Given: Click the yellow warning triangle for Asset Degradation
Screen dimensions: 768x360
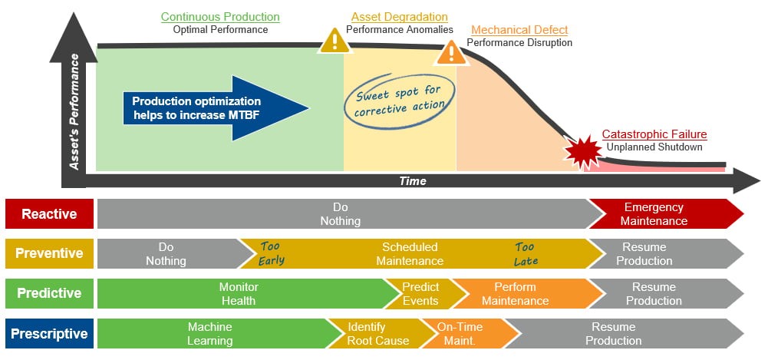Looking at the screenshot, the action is point(335,41).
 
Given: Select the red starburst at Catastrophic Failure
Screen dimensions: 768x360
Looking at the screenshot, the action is point(583,152).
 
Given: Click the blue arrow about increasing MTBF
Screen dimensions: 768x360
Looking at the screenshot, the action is point(216,108).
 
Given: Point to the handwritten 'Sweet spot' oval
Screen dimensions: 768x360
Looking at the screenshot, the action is point(399,98).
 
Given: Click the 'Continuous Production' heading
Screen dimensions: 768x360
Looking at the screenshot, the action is point(220,17).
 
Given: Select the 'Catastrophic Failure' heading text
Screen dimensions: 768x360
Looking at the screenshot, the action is point(654,134).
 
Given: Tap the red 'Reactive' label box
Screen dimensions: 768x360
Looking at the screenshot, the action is point(49,214).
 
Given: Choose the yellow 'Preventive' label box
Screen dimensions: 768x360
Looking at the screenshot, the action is point(49,254).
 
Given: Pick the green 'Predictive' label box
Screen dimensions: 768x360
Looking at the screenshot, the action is point(49,293).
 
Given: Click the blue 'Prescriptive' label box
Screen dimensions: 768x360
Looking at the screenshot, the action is point(49,334).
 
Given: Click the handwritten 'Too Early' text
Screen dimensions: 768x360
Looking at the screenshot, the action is point(272,253).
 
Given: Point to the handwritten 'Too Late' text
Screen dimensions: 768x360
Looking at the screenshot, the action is point(526,254).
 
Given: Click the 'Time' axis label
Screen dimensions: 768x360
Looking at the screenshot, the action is point(413,181).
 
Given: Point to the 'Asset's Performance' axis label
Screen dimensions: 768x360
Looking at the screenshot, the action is point(74,112).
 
